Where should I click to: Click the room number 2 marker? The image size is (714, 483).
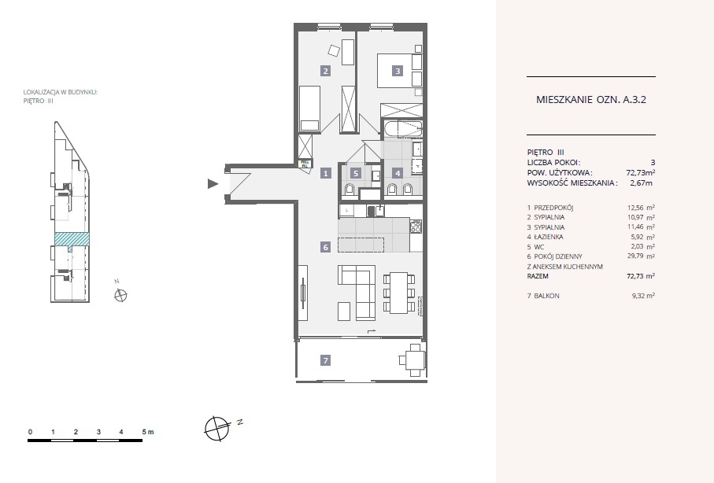point(325,71)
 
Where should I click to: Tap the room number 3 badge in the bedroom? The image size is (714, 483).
point(398,71)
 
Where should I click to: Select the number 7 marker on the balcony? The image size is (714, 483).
point(325,360)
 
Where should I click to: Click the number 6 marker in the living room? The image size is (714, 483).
point(325,247)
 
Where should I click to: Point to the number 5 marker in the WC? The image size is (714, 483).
point(356,173)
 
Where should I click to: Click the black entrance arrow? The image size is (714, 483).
point(213,184)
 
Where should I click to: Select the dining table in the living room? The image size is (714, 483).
point(399,293)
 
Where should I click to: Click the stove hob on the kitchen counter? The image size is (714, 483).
point(416,227)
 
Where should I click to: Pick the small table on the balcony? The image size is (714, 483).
point(413,360)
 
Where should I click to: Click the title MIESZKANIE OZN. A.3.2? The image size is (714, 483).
point(591,100)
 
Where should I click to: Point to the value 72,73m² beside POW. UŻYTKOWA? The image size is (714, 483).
point(641,172)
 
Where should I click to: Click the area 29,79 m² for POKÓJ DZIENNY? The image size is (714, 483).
point(641,256)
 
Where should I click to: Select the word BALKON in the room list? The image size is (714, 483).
point(546,296)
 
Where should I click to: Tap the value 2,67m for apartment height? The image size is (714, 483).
point(641,183)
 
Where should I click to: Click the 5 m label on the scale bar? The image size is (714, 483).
point(148,432)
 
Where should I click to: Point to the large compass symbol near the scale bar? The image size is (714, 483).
point(216,429)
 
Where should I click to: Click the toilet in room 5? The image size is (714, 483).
point(350,189)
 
